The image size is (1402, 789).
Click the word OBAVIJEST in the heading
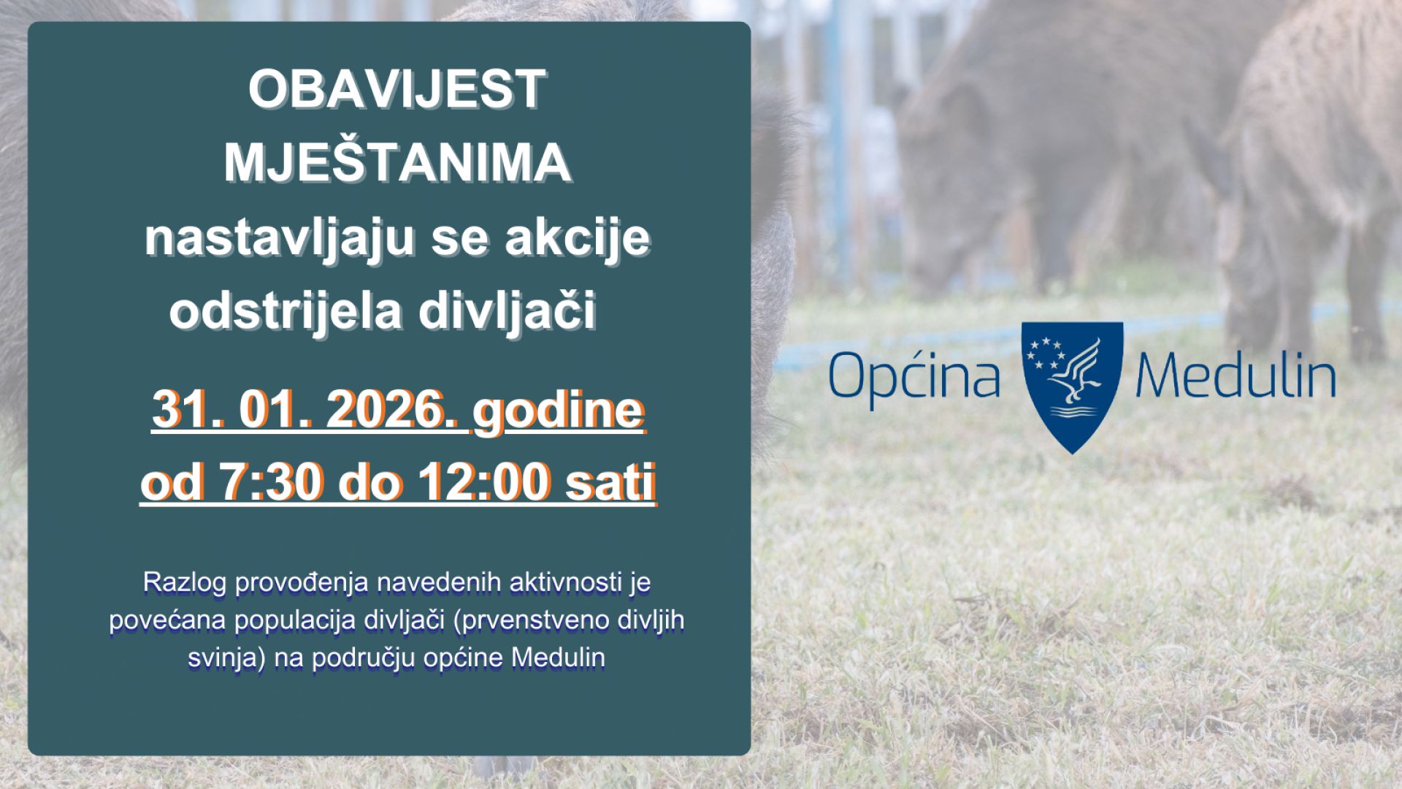[397, 89]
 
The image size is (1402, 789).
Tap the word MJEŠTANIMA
[397, 163]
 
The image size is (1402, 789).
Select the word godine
[559, 411]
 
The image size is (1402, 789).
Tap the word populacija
[296, 620]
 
